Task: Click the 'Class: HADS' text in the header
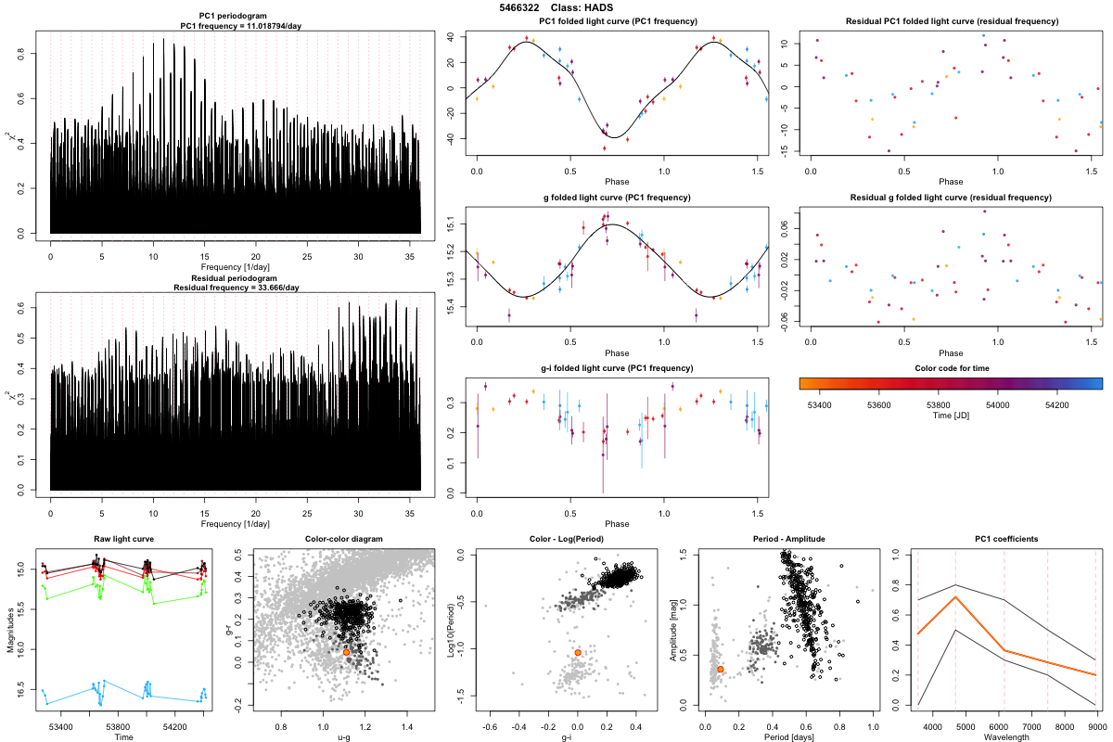(584, 7)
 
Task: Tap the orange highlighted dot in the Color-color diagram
(346, 652)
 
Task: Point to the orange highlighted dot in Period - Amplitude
(721, 669)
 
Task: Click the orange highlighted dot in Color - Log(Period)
(577, 653)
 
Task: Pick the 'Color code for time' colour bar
(951, 381)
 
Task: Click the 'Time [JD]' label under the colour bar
(951, 416)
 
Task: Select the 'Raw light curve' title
(123, 539)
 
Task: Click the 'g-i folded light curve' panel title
(617, 368)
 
